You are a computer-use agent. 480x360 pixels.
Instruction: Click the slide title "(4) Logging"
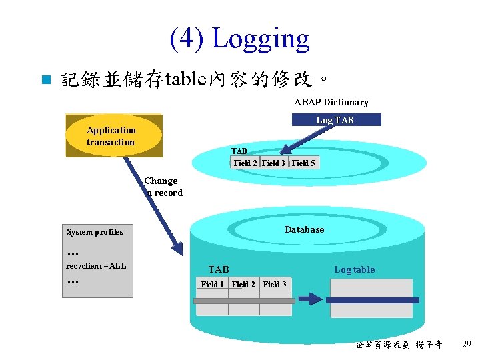coord(240,39)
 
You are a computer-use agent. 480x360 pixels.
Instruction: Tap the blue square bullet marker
coord(45,81)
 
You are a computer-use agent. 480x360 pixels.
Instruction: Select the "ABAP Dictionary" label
coord(331,102)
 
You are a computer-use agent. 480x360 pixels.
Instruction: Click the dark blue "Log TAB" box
coord(335,120)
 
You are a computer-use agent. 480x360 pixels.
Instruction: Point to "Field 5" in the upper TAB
coord(303,163)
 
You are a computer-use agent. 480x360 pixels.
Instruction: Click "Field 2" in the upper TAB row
coord(245,163)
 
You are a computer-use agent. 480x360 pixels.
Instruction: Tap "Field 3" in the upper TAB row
coord(273,163)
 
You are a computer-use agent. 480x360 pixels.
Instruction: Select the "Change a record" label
coord(163,187)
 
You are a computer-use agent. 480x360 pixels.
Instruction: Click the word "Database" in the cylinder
coord(305,229)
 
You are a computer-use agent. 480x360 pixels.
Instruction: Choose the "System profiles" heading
coord(95,232)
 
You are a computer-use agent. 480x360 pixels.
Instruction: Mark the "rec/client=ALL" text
coord(96,266)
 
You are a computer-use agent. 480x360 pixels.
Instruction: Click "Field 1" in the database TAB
coord(213,284)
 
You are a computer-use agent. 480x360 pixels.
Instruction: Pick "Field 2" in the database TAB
coord(243,284)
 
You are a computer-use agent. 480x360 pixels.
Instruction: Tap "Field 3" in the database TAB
coord(275,284)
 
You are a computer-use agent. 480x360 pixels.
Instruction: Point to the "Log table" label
coord(354,269)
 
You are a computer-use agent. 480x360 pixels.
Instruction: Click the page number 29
coord(466,345)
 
